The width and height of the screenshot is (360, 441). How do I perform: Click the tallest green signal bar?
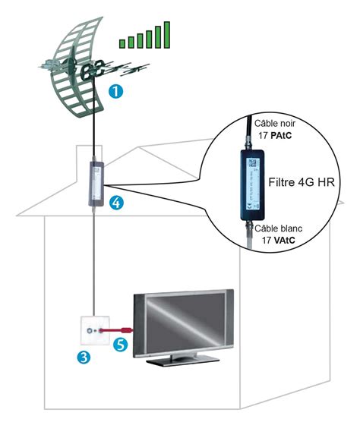(x=166, y=35)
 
